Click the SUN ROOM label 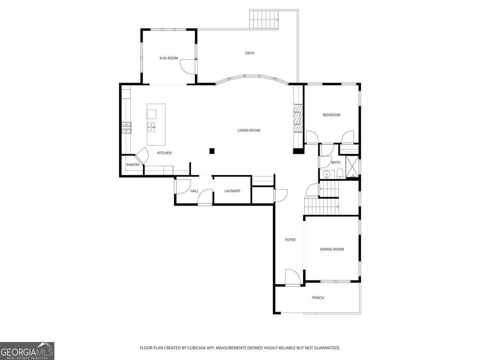point(169,58)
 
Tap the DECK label point(250,53)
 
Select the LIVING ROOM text point(249,130)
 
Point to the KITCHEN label point(164,153)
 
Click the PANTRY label point(133,165)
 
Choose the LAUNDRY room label point(232,191)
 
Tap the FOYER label point(290,240)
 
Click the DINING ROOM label point(332,249)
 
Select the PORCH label point(318,298)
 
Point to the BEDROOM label point(332,115)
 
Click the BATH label point(336,162)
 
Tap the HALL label point(194,191)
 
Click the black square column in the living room point(212,151)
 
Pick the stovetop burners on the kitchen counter point(126,128)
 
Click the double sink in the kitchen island point(151,127)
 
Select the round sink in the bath point(327,174)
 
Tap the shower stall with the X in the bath point(352,166)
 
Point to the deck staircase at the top point(264,19)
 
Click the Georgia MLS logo point(27,351)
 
